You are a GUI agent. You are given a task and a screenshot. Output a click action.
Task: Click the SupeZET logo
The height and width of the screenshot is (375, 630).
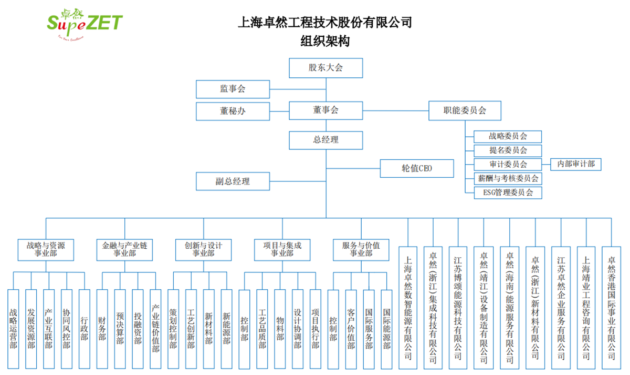point(85,23)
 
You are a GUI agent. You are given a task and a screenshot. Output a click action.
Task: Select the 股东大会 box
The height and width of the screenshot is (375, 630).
point(325,68)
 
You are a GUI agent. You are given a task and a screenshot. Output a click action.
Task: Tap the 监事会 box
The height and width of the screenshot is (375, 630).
point(233,89)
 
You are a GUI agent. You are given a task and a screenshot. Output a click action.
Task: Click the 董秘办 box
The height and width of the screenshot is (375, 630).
point(233,111)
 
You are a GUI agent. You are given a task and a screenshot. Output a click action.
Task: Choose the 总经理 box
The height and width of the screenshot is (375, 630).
point(325,140)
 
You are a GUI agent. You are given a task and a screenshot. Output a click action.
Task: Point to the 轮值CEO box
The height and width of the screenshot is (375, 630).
point(417,168)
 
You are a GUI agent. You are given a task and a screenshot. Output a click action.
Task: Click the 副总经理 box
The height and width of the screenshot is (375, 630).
point(233,181)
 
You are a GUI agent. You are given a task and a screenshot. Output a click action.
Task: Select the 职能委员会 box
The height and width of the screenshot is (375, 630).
point(465,110)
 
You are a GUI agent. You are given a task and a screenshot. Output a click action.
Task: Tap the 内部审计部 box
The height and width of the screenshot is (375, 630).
point(576,164)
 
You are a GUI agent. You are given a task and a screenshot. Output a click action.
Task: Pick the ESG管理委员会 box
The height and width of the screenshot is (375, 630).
point(508,192)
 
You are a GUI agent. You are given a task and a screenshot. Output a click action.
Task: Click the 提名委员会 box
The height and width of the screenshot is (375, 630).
point(508,150)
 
